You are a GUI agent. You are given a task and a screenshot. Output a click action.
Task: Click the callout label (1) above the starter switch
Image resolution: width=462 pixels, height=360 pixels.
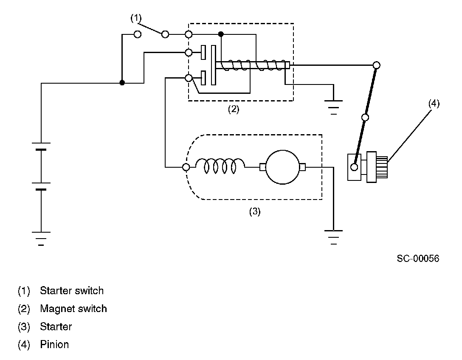point(136,18)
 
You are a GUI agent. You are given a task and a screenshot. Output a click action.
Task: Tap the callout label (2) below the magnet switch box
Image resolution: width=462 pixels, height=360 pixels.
point(234,109)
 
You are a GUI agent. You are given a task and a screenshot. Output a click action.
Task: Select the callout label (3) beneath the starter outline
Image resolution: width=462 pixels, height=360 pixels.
point(255,211)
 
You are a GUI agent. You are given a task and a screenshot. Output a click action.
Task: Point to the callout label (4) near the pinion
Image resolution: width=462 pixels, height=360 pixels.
point(434,104)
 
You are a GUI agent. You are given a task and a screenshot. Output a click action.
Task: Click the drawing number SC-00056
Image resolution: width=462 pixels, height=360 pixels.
point(418,259)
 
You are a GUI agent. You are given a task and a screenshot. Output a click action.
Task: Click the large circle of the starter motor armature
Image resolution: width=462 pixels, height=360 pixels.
point(282,167)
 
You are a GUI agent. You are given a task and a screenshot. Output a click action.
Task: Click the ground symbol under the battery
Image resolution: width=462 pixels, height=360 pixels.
point(41,239)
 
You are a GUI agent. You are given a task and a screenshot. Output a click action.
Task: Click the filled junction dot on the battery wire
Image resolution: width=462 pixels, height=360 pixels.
point(122,83)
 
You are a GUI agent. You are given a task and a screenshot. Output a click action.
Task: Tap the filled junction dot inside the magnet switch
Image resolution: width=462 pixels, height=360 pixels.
point(221,34)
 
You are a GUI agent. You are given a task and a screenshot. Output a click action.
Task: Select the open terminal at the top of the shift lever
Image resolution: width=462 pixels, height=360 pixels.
point(377,65)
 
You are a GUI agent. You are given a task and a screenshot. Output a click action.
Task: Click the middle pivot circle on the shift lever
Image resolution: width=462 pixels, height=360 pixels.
point(365,118)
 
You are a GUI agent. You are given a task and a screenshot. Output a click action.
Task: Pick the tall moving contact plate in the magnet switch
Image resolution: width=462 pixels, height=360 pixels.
point(214,65)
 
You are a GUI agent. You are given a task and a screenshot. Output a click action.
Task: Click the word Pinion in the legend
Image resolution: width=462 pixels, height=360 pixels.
point(54,344)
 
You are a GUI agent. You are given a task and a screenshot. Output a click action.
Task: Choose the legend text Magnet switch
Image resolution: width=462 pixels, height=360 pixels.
point(73,309)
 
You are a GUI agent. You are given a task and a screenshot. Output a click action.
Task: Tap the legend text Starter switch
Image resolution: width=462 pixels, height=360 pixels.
point(72,291)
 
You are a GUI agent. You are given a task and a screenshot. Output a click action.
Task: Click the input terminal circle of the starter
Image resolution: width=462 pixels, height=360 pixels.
point(186,167)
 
